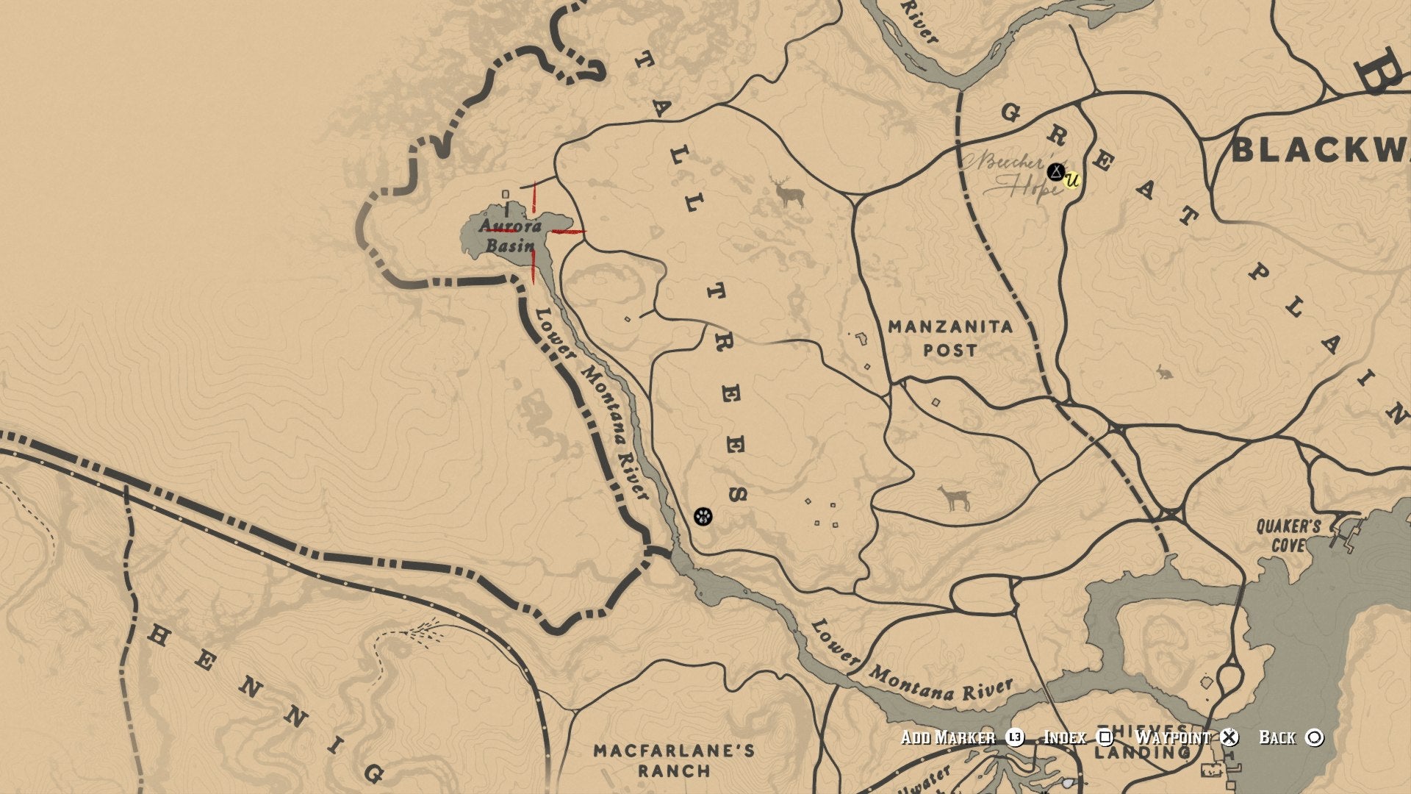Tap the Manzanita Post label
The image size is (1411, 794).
[x=949, y=338]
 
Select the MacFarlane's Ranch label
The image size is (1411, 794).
[x=674, y=760]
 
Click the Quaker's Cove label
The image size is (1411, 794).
[x=1288, y=535]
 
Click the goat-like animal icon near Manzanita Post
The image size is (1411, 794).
[x=955, y=498]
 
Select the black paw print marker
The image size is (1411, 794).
[x=703, y=516]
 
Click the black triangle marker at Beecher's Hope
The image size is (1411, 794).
[x=1056, y=172]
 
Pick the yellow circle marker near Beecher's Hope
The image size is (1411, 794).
[x=1072, y=179]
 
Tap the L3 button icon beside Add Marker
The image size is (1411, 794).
[x=1015, y=737]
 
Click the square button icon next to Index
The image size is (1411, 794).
[x=1105, y=737]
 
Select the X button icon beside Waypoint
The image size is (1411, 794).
[x=1229, y=737]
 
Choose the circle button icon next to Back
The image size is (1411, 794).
[x=1315, y=737]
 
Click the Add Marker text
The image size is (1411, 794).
[x=948, y=737]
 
